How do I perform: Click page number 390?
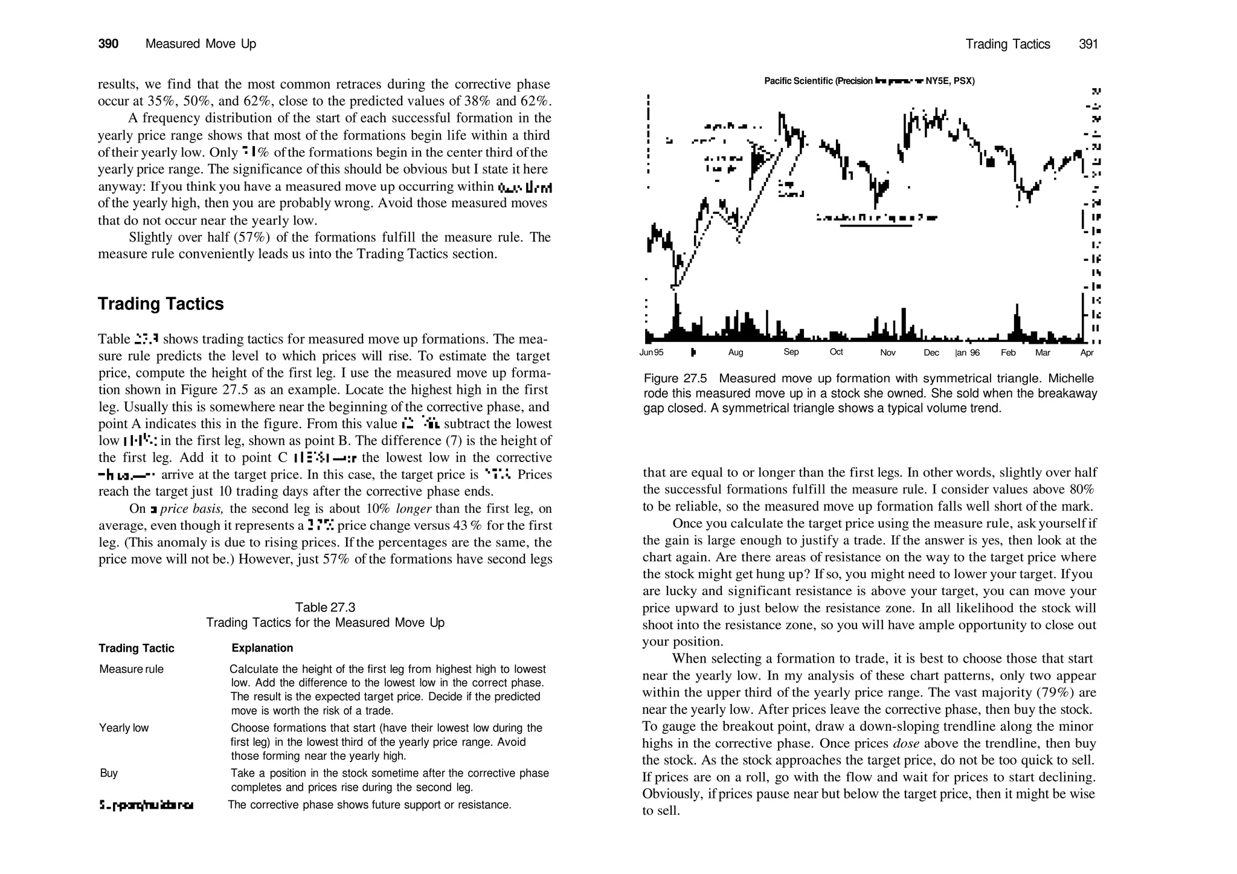[x=108, y=44]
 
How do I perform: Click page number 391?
[x=1088, y=44]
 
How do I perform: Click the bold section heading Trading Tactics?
[x=161, y=304]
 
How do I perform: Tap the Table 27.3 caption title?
[x=325, y=607]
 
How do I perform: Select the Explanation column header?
[x=262, y=648]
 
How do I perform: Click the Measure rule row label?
[x=131, y=669]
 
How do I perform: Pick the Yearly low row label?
[x=124, y=728]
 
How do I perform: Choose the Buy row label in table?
[x=109, y=773]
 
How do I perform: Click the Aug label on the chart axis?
[x=736, y=353]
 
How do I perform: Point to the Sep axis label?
[x=791, y=352]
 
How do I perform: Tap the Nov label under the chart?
[x=887, y=353]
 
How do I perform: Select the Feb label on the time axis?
[x=1008, y=353]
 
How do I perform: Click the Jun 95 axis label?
[x=651, y=353]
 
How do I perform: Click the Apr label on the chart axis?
[x=1087, y=353]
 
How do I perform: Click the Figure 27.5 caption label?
[x=675, y=379]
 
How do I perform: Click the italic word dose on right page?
[x=905, y=744]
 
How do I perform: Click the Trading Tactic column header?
[x=137, y=648]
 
